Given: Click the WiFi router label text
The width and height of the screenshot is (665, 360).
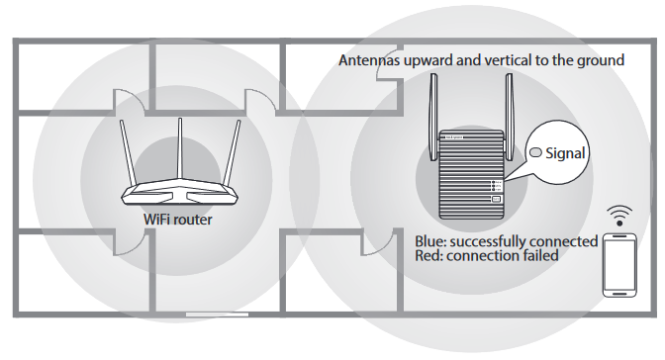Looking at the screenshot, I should pyautogui.click(x=178, y=220).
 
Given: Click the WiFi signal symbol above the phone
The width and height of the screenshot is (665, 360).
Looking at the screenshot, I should pyautogui.click(x=621, y=214).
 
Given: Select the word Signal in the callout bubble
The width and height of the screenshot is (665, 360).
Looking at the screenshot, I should pyautogui.click(x=567, y=153).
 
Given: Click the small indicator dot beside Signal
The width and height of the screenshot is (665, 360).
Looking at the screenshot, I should pyautogui.click(x=536, y=153).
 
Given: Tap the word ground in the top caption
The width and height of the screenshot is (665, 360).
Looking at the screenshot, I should pyautogui.click(x=601, y=60).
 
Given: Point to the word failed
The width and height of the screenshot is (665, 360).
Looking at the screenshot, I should pyautogui.click(x=537, y=256).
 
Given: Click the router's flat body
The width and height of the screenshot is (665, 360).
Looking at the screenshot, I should pyautogui.click(x=180, y=194).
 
